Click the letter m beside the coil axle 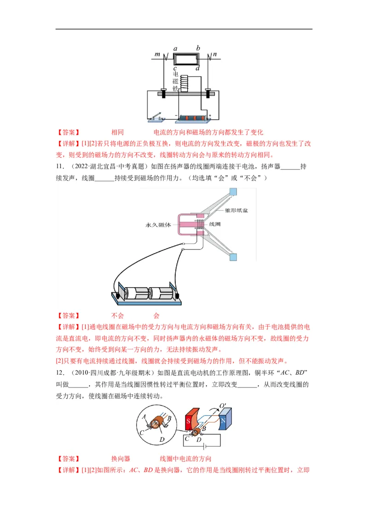(x=157, y=55)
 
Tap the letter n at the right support (x=214, y=55)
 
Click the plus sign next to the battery (x=210, y=116)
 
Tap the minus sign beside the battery (x=176, y=116)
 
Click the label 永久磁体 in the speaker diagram (x=158, y=225)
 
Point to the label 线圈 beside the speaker (x=215, y=224)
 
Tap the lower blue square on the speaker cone (x=233, y=257)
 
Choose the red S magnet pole (x=189, y=420)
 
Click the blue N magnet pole (x=223, y=420)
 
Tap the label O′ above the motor (x=223, y=406)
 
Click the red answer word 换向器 (x=121, y=459)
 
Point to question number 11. (x=59, y=167)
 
